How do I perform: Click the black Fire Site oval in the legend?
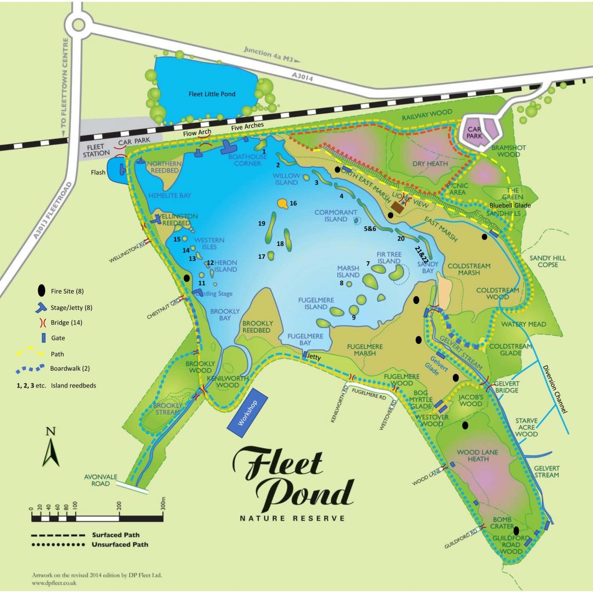point(41,290)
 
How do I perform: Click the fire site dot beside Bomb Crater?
point(515,530)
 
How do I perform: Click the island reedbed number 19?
point(262,223)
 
